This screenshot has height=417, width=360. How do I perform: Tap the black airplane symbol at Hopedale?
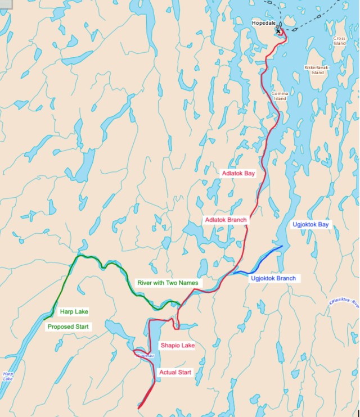pos(277,27)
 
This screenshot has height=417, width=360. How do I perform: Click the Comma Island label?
pos(280,96)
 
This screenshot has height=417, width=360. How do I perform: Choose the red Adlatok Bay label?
pos(238,174)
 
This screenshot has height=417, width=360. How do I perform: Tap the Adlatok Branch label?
pos(226,220)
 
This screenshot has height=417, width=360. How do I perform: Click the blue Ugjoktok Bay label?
pos(310,224)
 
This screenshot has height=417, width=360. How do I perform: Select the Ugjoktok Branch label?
pos(273,278)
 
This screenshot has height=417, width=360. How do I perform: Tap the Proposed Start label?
pos(68,327)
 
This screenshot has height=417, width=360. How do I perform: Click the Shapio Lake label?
pos(177,346)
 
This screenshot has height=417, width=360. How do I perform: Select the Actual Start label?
pos(176,372)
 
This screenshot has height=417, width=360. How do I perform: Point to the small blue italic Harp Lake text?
pos(7,376)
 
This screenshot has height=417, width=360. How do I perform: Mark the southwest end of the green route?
pos(44,319)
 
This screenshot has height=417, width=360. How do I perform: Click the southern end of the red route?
pos(139,407)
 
